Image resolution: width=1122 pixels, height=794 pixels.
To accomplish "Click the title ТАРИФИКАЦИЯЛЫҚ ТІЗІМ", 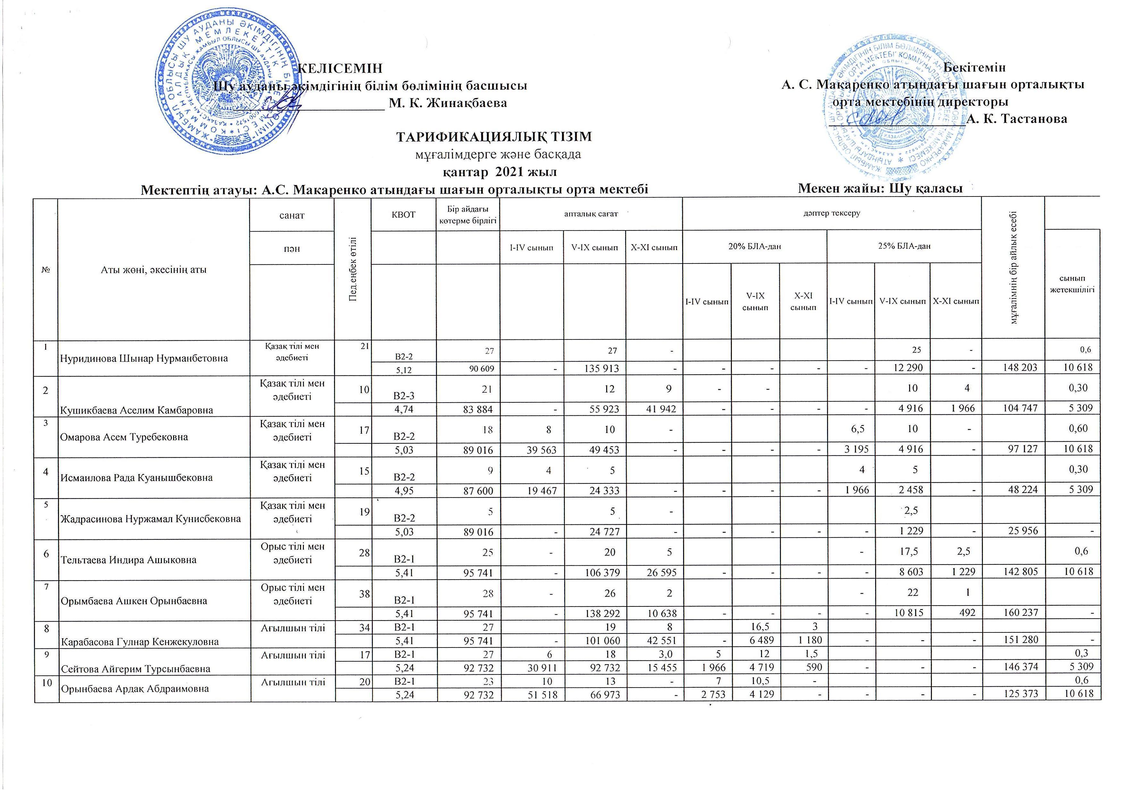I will [493, 137].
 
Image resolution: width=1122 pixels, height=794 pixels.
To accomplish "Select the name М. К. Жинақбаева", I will [447, 103].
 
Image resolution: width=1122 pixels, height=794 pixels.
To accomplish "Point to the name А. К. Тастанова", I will [1017, 119].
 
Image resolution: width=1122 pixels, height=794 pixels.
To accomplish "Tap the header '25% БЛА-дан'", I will [903, 246].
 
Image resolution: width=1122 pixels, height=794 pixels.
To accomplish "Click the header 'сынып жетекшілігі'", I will [1072, 284].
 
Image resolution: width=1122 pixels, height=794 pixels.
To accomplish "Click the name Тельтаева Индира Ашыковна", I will [128, 560].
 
